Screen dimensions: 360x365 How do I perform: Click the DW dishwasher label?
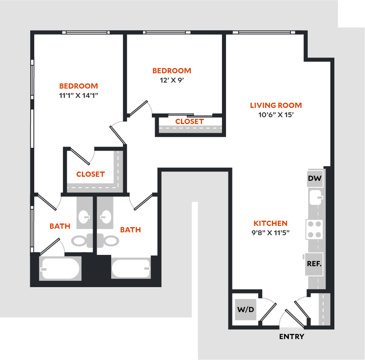click(x=315, y=178)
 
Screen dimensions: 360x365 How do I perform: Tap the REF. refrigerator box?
click(x=314, y=264)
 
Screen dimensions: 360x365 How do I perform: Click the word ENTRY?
click(x=292, y=337)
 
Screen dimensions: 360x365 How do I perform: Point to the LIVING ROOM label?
click(x=276, y=106)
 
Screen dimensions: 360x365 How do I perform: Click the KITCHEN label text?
click(x=270, y=223)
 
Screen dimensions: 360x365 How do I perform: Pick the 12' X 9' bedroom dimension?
click(x=172, y=80)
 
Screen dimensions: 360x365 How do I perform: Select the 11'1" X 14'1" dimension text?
click(x=79, y=95)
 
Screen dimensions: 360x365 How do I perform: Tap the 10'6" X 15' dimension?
click(x=276, y=115)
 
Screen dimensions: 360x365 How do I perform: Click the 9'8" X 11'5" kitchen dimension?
click(x=270, y=232)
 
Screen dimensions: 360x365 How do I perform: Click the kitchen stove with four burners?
click(x=314, y=229)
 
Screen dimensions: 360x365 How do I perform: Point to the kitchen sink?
click(x=315, y=197)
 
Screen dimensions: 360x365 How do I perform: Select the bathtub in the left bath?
click(x=60, y=269)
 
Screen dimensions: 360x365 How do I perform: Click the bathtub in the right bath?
click(x=131, y=268)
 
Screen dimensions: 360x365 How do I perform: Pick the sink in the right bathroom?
click(x=106, y=217)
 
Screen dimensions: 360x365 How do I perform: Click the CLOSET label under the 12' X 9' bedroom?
click(x=189, y=121)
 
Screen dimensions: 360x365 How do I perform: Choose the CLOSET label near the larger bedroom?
click(x=91, y=174)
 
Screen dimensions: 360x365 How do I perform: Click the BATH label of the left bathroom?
click(x=60, y=226)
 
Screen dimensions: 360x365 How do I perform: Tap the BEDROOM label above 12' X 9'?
click(x=172, y=71)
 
